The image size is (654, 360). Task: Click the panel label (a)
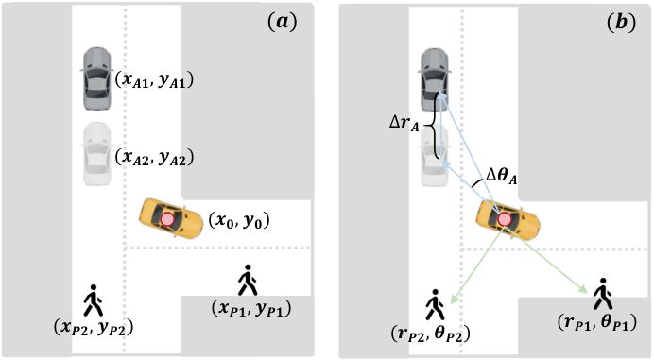283,23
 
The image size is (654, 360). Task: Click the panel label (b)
621,23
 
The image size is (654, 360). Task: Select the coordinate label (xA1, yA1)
154,79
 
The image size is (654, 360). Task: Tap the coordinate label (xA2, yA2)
154,157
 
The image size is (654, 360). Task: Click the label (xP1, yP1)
251,308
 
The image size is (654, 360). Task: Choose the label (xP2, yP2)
94,328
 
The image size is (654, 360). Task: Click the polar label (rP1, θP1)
597,322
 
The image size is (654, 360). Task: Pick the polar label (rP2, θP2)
430,334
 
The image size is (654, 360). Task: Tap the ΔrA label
404,123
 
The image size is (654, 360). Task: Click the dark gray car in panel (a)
97,78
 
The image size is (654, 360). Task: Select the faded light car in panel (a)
97,153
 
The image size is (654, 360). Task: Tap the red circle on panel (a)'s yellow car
167,219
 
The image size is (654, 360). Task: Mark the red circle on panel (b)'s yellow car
505,219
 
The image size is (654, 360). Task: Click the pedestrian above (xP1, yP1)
248,280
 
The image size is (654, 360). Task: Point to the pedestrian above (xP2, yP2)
93,300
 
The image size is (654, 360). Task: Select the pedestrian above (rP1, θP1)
602,294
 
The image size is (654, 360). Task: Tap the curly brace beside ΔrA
434,125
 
